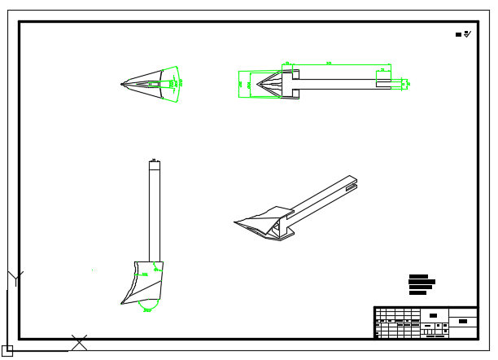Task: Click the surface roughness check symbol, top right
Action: (x=467, y=34)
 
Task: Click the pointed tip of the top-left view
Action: (x=121, y=83)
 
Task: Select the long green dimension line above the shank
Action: (x=330, y=64)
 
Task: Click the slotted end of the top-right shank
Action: (x=398, y=83)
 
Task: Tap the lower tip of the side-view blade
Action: (x=123, y=304)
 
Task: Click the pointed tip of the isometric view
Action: (x=235, y=221)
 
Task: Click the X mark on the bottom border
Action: (x=79, y=343)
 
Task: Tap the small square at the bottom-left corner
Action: (x=7, y=351)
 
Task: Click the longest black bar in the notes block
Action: (x=422, y=282)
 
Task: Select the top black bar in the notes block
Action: (x=418, y=276)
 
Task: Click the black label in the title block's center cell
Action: (x=433, y=315)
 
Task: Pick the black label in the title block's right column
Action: (x=462, y=321)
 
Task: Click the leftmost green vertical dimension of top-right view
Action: (x=241, y=83)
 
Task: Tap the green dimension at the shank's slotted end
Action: (x=406, y=83)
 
